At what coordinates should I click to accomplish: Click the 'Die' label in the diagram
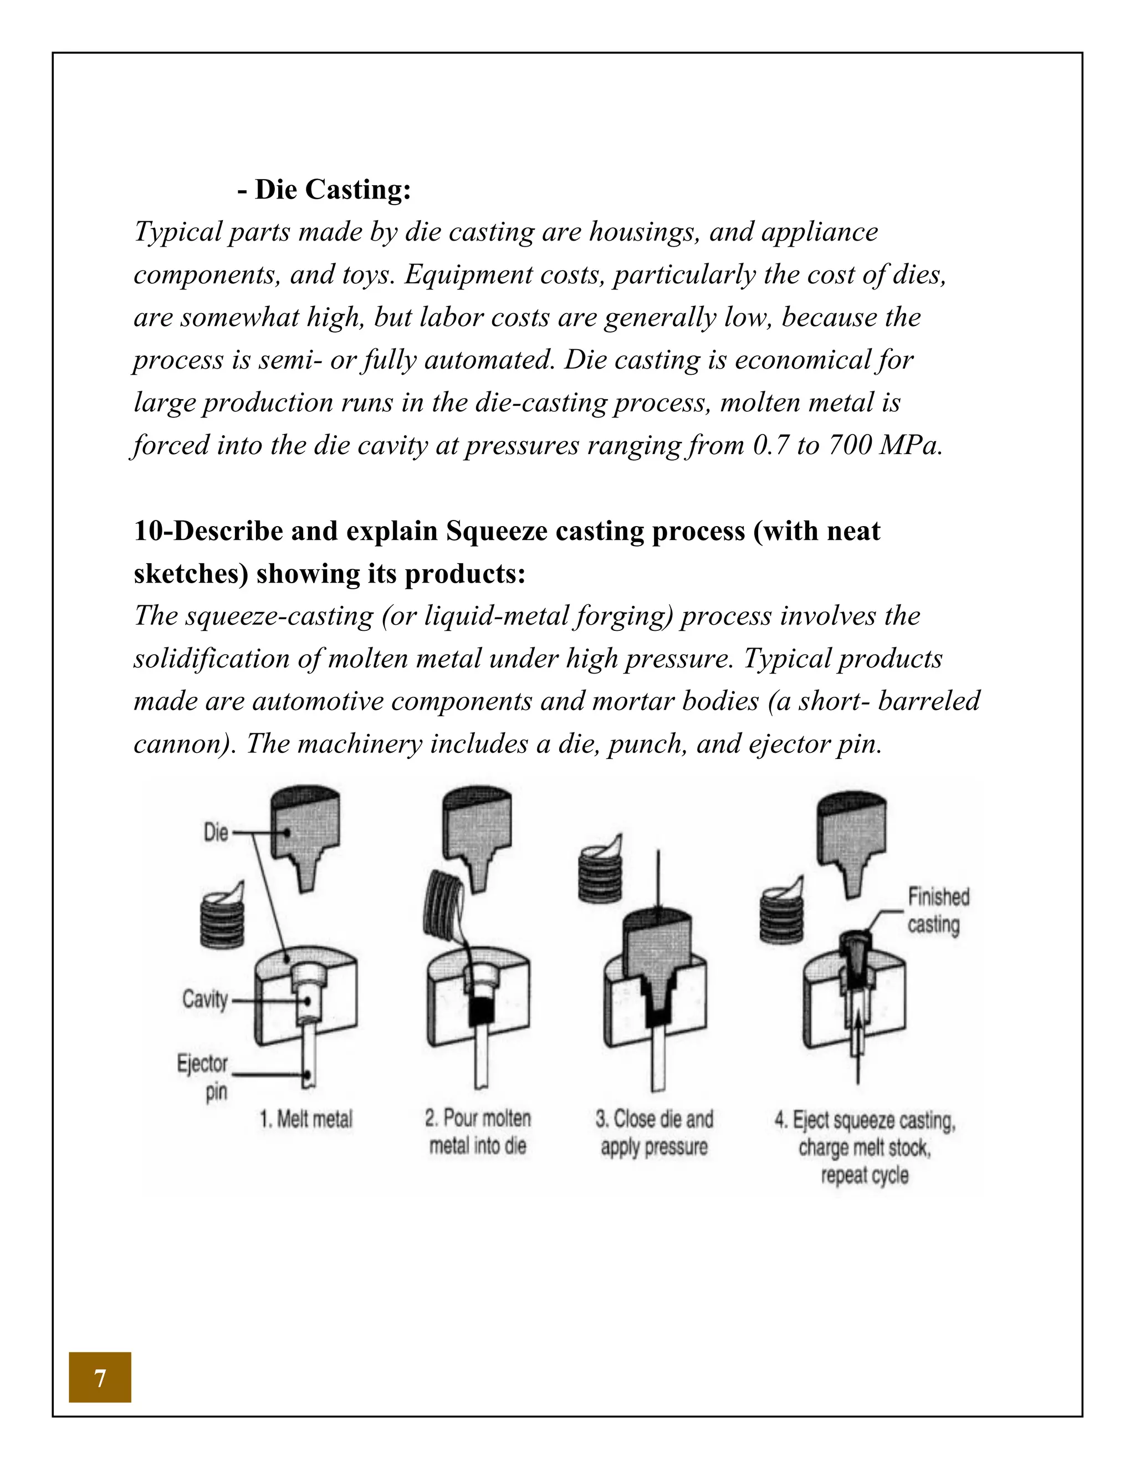tap(216, 833)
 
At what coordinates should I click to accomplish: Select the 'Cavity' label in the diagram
tap(205, 999)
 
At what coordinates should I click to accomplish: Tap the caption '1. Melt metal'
tap(306, 1119)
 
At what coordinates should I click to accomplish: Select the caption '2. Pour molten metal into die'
tap(477, 1132)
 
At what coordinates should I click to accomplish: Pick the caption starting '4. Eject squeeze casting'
tap(865, 1147)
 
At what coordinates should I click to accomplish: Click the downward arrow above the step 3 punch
tap(658, 881)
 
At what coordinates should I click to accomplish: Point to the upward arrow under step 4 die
tap(857, 1049)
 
